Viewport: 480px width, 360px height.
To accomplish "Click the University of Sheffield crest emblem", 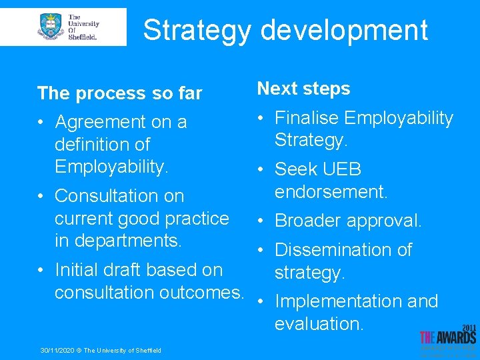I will click(51, 27).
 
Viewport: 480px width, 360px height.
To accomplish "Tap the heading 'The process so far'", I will click(119, 93).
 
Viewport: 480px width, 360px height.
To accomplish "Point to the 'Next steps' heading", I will click(303, 89).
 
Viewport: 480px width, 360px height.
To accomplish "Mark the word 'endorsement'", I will click(331, 191).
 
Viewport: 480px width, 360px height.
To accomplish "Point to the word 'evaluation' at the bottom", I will click(318, 323).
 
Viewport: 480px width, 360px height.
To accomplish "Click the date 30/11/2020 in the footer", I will click(56, 351).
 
